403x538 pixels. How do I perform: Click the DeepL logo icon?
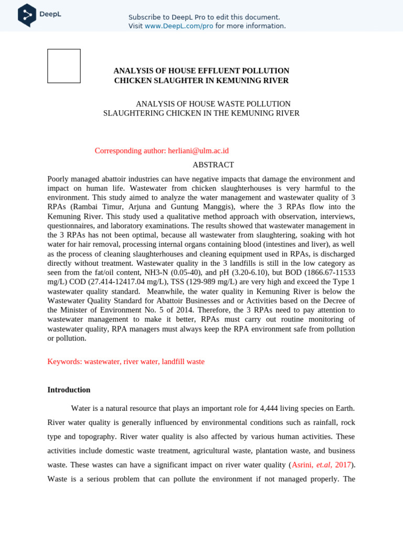click(27, 15)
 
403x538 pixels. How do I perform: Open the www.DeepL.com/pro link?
click(179, 26)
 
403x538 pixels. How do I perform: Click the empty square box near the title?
click(64, 66)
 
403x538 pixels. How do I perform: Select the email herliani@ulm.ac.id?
click(198, 151)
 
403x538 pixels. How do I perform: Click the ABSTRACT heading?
click(213, 165)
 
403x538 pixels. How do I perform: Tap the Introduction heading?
click(69, 390)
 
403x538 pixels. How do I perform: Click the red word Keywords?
click(65, 361)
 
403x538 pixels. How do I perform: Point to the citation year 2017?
click(343, 465)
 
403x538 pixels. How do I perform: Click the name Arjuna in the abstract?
click(139, 207)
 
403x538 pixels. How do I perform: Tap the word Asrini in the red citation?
click(302, 465)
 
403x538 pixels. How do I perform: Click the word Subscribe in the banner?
click(145, 17)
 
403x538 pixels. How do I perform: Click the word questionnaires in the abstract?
click(71, 226)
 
